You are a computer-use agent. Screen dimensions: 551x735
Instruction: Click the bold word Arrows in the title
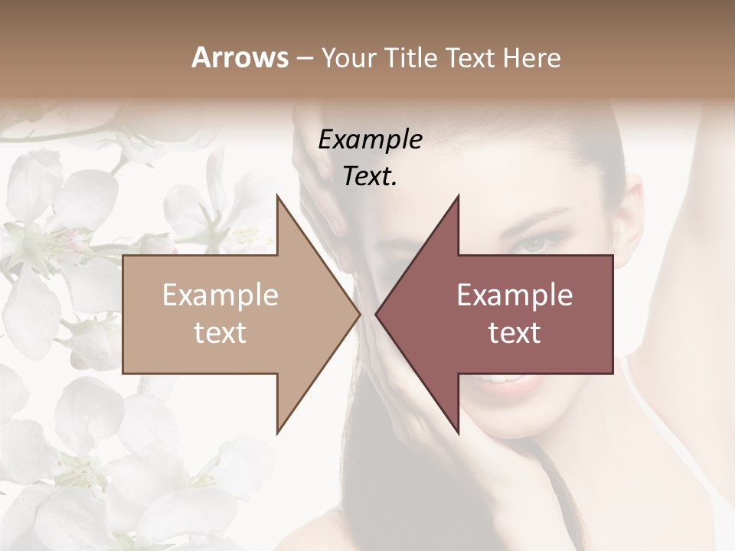click(x=240, y=57)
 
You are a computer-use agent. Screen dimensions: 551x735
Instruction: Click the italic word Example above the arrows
click(x=370, y=140)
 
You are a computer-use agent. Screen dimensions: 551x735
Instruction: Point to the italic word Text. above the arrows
click(x=370, y=177)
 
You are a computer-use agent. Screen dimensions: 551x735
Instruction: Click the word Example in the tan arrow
click(x=220, y=295)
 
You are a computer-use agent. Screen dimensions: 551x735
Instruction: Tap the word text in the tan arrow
click(x=220, y=333)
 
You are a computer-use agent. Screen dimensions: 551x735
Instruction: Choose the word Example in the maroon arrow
click(x=514, y=295)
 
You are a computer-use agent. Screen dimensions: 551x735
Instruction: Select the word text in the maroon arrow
click(x=514, y=333)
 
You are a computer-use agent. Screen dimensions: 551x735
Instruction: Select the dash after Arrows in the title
click(x=304, y=58)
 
